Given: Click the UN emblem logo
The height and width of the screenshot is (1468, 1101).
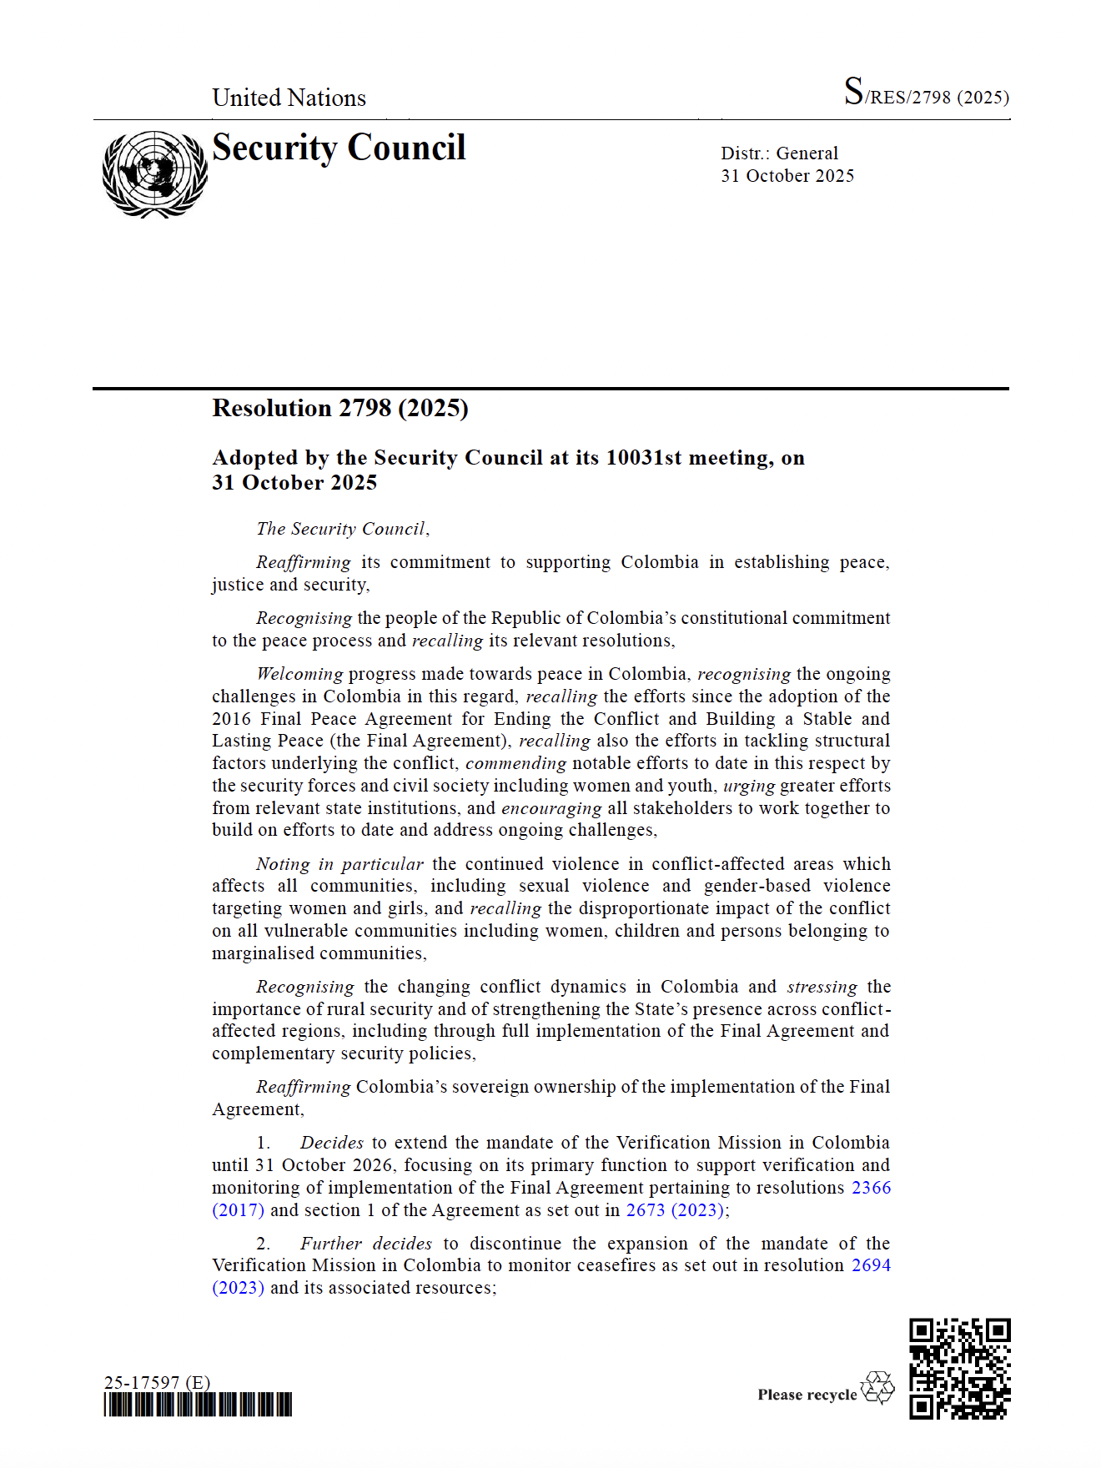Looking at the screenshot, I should (x=154, y=173).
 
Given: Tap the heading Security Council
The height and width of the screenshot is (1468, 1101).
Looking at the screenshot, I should (x=339, y=148).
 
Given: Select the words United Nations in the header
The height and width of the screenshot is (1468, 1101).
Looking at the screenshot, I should (x=289, y=98).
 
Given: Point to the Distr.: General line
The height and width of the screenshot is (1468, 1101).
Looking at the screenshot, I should (x=779, y=153).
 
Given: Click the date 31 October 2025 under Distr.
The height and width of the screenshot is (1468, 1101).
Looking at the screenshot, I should (x=787, y=176).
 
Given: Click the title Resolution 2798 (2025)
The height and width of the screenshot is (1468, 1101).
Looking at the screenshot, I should (x=340, y=408).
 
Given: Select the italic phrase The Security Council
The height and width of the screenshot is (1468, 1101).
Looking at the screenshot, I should (x=341, y=529).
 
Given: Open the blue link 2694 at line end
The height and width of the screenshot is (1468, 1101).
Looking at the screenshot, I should (x=871, y=1265).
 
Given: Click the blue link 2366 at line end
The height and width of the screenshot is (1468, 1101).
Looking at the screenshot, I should (x=871, y=1188).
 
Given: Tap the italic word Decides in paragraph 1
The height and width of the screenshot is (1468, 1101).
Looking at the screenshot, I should (x=332, y=1143).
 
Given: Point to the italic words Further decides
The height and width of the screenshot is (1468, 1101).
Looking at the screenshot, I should (x=366, y=1244).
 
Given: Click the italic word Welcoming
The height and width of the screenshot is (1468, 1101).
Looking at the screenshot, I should (x=299, y=674).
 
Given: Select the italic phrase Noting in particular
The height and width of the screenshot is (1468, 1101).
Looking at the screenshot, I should (x=339, y=864).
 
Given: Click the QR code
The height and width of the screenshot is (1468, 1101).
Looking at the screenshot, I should (x=959, y=1369).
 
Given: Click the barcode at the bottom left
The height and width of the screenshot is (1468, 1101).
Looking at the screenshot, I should (x=198, y=1405).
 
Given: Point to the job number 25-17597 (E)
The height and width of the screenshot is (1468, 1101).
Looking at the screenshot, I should (x=157, y=1382).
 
